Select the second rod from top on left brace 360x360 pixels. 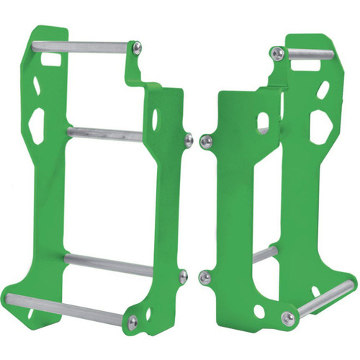[108, 133]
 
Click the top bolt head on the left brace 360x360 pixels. [137, 48]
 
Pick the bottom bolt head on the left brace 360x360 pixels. [132, 322]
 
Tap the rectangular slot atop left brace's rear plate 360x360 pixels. [51, 61]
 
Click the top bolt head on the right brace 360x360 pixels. [276, 52]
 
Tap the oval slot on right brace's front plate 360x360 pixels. [264, 122]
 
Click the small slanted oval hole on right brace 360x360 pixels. [323, 89]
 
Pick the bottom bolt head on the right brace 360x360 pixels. [288, 318]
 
